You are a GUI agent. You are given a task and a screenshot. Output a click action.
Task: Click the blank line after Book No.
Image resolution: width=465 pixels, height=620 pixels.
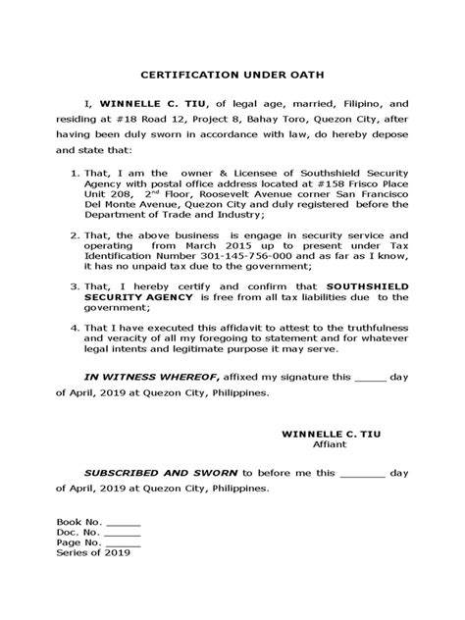123,524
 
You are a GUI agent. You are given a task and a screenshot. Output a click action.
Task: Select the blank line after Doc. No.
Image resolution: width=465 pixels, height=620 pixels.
123,534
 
